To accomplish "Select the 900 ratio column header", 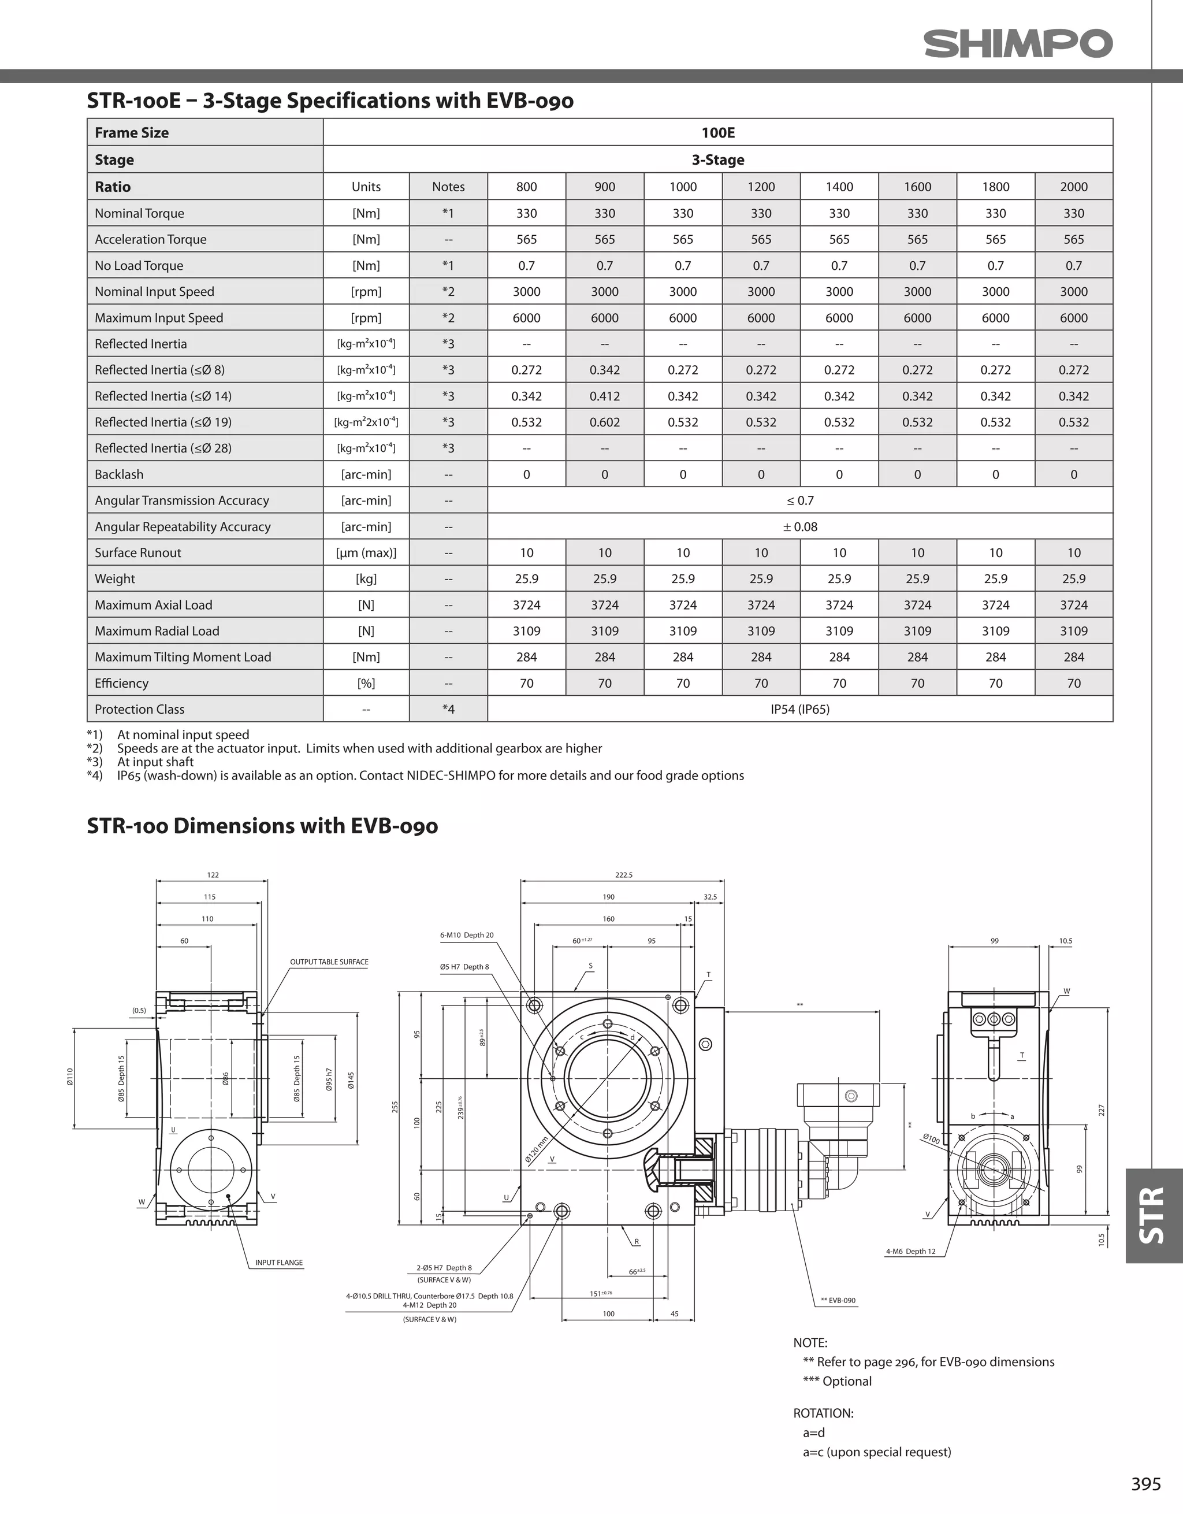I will coord(604,187).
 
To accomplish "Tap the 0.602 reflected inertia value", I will coord(604,422).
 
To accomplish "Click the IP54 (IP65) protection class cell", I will coord(800,709).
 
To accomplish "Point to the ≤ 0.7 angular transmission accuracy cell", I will coord(800,500).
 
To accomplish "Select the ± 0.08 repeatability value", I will coord(800,527).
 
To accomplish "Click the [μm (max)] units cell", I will coord(366,552).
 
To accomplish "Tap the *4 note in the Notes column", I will coord(448,709).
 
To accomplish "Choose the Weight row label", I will coord(115,579).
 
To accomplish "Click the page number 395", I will coord(1145,1483).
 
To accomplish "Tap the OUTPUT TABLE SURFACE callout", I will coord(329,962).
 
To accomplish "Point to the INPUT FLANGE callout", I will coord(278,1263).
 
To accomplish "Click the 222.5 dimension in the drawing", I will coord(624,875).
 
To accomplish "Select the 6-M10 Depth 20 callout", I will coord(466,935).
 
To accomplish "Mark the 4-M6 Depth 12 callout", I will coord(910,1251).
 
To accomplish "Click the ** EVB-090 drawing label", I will coord(838,1301).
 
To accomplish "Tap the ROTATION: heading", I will coord(823,1413).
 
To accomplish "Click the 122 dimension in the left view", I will coord(213,875).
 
